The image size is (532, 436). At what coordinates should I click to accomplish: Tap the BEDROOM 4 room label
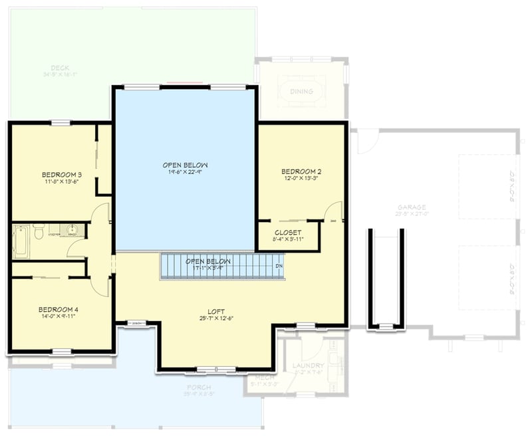pyautogui.click(x=58, y=310)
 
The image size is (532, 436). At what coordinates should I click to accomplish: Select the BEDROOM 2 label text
pyautogui.click(x=301, y=170)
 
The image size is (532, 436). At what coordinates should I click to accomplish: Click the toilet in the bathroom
pyautogui.click(x=39, y=232)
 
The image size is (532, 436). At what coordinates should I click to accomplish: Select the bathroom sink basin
pyautogui.click(x=72, y=231)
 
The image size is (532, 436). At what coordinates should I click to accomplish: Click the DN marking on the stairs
pyautogui.click(x=280, y=266)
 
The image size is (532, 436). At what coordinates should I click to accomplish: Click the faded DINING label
pyautogui.click(x=301, y=92)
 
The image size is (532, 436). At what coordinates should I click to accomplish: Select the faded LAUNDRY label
pyautogui.click(x=308, y=366)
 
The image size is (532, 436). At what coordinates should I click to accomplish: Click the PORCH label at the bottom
pyautogui.click(x=199, y=387)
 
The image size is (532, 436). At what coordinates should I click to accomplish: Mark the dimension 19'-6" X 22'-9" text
pyautogui.click(x=186, y=171)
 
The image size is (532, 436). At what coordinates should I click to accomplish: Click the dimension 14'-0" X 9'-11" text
pyautogui.click(x=58, y=317)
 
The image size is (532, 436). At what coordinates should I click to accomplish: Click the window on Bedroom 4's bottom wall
pyautogui.click(x=61, y=351)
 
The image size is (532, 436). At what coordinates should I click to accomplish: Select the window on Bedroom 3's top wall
pyautogui.click(x=61, y=122)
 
